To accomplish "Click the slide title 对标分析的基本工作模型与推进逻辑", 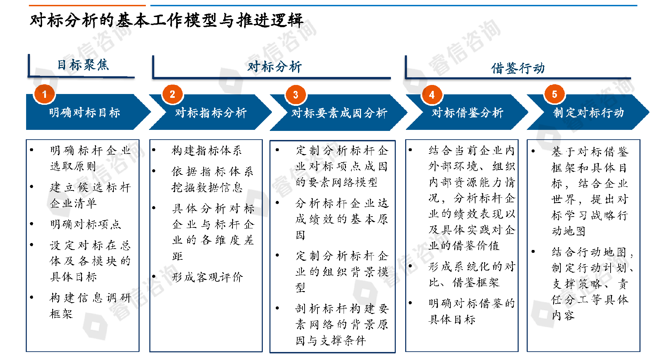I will click(166, 20).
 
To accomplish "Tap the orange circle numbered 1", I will click(44, 94).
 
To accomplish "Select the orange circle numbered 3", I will click(296, 95).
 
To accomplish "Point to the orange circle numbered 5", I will click(555, 94).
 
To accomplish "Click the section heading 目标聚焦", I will click(83, 65).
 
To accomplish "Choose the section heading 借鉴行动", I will click(518, 68).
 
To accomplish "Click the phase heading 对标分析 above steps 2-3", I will click(274, 66).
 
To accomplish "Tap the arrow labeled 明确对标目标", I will click(84, 112).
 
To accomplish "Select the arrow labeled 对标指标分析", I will click(211, 112).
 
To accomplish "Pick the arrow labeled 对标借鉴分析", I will click(467, 112).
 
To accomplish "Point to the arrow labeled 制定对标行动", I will click(588, 112).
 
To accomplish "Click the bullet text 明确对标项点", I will click(85, 224).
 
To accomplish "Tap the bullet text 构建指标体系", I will click(206, 150).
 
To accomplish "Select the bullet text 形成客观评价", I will click(207, 277).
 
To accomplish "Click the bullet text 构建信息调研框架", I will click(90, 305).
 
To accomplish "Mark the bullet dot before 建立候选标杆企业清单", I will click(32, 187).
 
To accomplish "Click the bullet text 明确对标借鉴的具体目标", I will click(471, 311).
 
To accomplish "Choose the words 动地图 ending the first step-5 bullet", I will click(568, 231).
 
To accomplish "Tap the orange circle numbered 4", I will click(432, 95).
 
